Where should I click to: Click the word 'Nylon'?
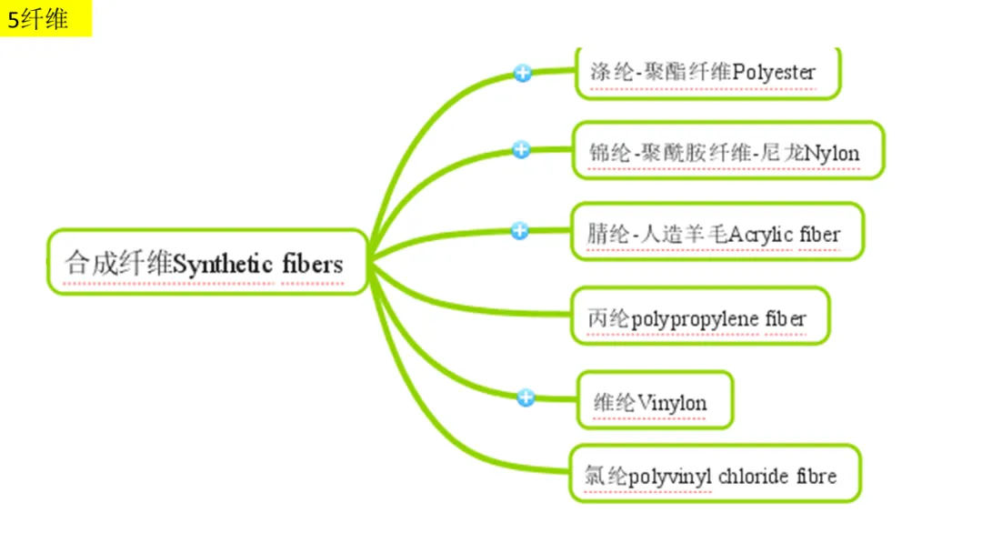(832, 152)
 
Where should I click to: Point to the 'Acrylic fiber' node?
(716, 234)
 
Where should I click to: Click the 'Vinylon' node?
(655, 401)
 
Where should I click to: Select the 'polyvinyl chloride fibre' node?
(714, 475)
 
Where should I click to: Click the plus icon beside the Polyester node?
(522, 74)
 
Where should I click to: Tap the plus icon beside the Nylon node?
(521, 150)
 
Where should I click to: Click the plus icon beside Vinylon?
(525, 397)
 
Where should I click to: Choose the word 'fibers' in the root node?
(312, 264)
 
